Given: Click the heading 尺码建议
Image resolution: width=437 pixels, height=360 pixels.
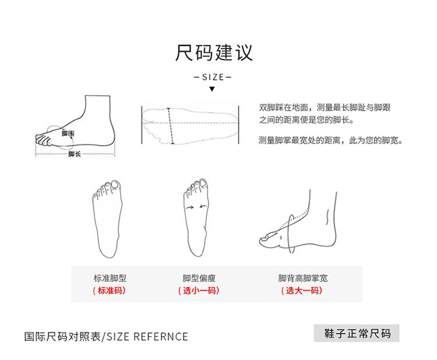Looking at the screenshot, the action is [214, 52].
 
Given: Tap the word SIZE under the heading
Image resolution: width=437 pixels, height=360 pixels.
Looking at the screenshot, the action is [213, 77].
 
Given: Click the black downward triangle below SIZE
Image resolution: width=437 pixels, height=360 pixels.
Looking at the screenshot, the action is [212, 89].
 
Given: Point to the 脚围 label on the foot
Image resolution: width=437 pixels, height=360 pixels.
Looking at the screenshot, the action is [68, 133].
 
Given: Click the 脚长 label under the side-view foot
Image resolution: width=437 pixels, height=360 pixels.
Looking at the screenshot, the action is [75, 154].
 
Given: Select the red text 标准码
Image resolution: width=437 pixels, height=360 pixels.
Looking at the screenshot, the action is [110, 290].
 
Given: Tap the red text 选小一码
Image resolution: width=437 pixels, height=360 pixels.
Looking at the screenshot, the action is [199, 290].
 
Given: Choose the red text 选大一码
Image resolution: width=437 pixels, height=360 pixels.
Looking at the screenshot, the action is [302, 290].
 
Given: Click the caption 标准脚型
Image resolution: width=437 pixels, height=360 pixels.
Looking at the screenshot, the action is [110, 278].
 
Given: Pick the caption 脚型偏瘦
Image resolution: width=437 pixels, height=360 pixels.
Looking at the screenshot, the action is [199, 278].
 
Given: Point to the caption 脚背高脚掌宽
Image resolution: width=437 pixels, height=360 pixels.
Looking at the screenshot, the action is [303, 278].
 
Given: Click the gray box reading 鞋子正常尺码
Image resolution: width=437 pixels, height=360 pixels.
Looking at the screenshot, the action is [357, 333].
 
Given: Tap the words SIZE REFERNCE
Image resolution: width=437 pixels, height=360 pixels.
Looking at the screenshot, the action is [147, 337].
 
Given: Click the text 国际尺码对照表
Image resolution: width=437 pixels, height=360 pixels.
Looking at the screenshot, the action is [62, 337].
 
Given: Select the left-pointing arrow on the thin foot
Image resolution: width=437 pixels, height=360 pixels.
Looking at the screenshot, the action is [203, 206].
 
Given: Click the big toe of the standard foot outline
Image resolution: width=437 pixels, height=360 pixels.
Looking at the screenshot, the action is [116, 185].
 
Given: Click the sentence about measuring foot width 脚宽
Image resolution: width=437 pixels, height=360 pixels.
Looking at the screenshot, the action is [331, 140].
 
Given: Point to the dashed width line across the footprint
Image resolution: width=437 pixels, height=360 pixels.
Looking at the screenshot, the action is [170, 126].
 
